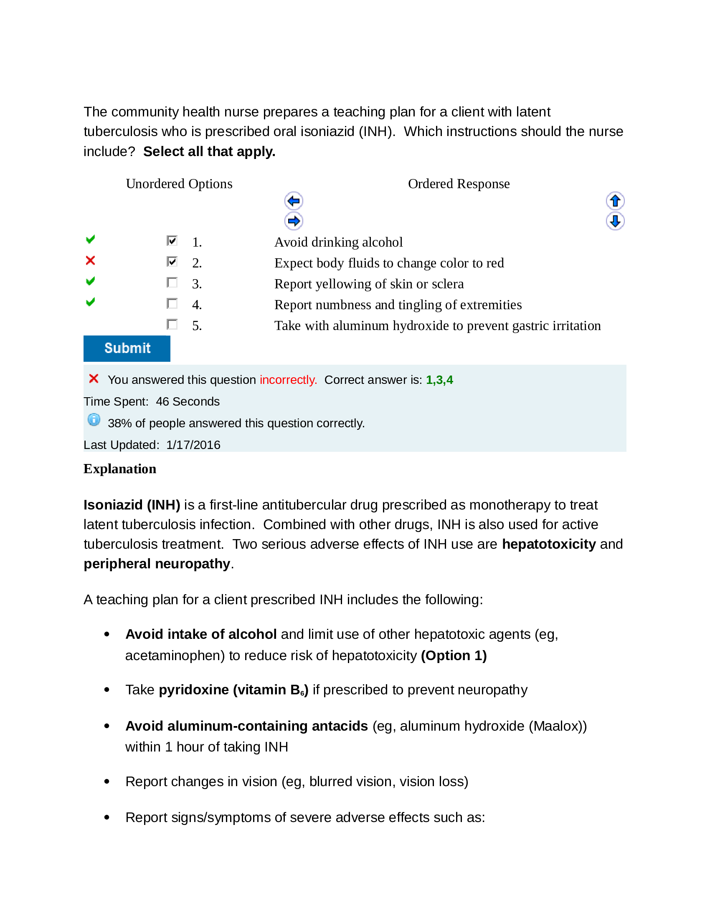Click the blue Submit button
point(127,348)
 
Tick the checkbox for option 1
point(172,240)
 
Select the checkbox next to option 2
point(172,262)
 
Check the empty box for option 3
point(172,282)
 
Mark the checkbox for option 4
point(172,303)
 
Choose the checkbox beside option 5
point(172,324)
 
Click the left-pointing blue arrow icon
point(294,201)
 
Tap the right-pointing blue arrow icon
point(294,221)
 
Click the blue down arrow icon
point(615,221)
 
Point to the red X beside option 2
point(90,261)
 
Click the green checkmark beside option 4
point(90,302)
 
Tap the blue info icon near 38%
point(94,419)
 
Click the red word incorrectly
point(288,380)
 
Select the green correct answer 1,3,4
point(439,380)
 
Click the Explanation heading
point(120,469)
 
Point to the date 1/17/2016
point(193,445)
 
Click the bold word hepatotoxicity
point(548,544)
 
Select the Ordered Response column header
point(459,184)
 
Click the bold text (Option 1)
point(454,655)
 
